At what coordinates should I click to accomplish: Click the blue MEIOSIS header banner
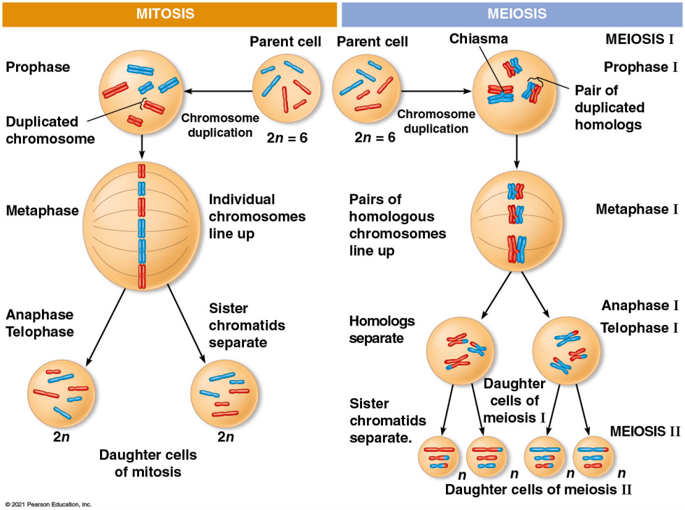click(512, 14)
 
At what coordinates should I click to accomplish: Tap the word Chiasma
click(478, 38)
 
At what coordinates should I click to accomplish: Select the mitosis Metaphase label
click(42, 210)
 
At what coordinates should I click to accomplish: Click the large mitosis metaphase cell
click(142, 224)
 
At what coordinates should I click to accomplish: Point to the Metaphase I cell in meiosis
click(517, 222)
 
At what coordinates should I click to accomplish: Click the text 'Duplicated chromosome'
click(50, 130)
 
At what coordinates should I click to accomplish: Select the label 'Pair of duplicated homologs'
click(610, 108)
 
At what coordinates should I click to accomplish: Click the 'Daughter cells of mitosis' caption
click(147, 463)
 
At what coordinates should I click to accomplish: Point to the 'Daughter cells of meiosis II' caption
click(538, 489)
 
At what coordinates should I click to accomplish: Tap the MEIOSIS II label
click(644, 430)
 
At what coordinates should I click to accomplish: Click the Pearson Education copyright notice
click(48, 504)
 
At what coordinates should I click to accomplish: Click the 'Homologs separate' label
click(382, 330)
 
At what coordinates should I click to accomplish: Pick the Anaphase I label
click(640, 305)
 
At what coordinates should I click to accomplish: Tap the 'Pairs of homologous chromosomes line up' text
click(398, 225)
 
